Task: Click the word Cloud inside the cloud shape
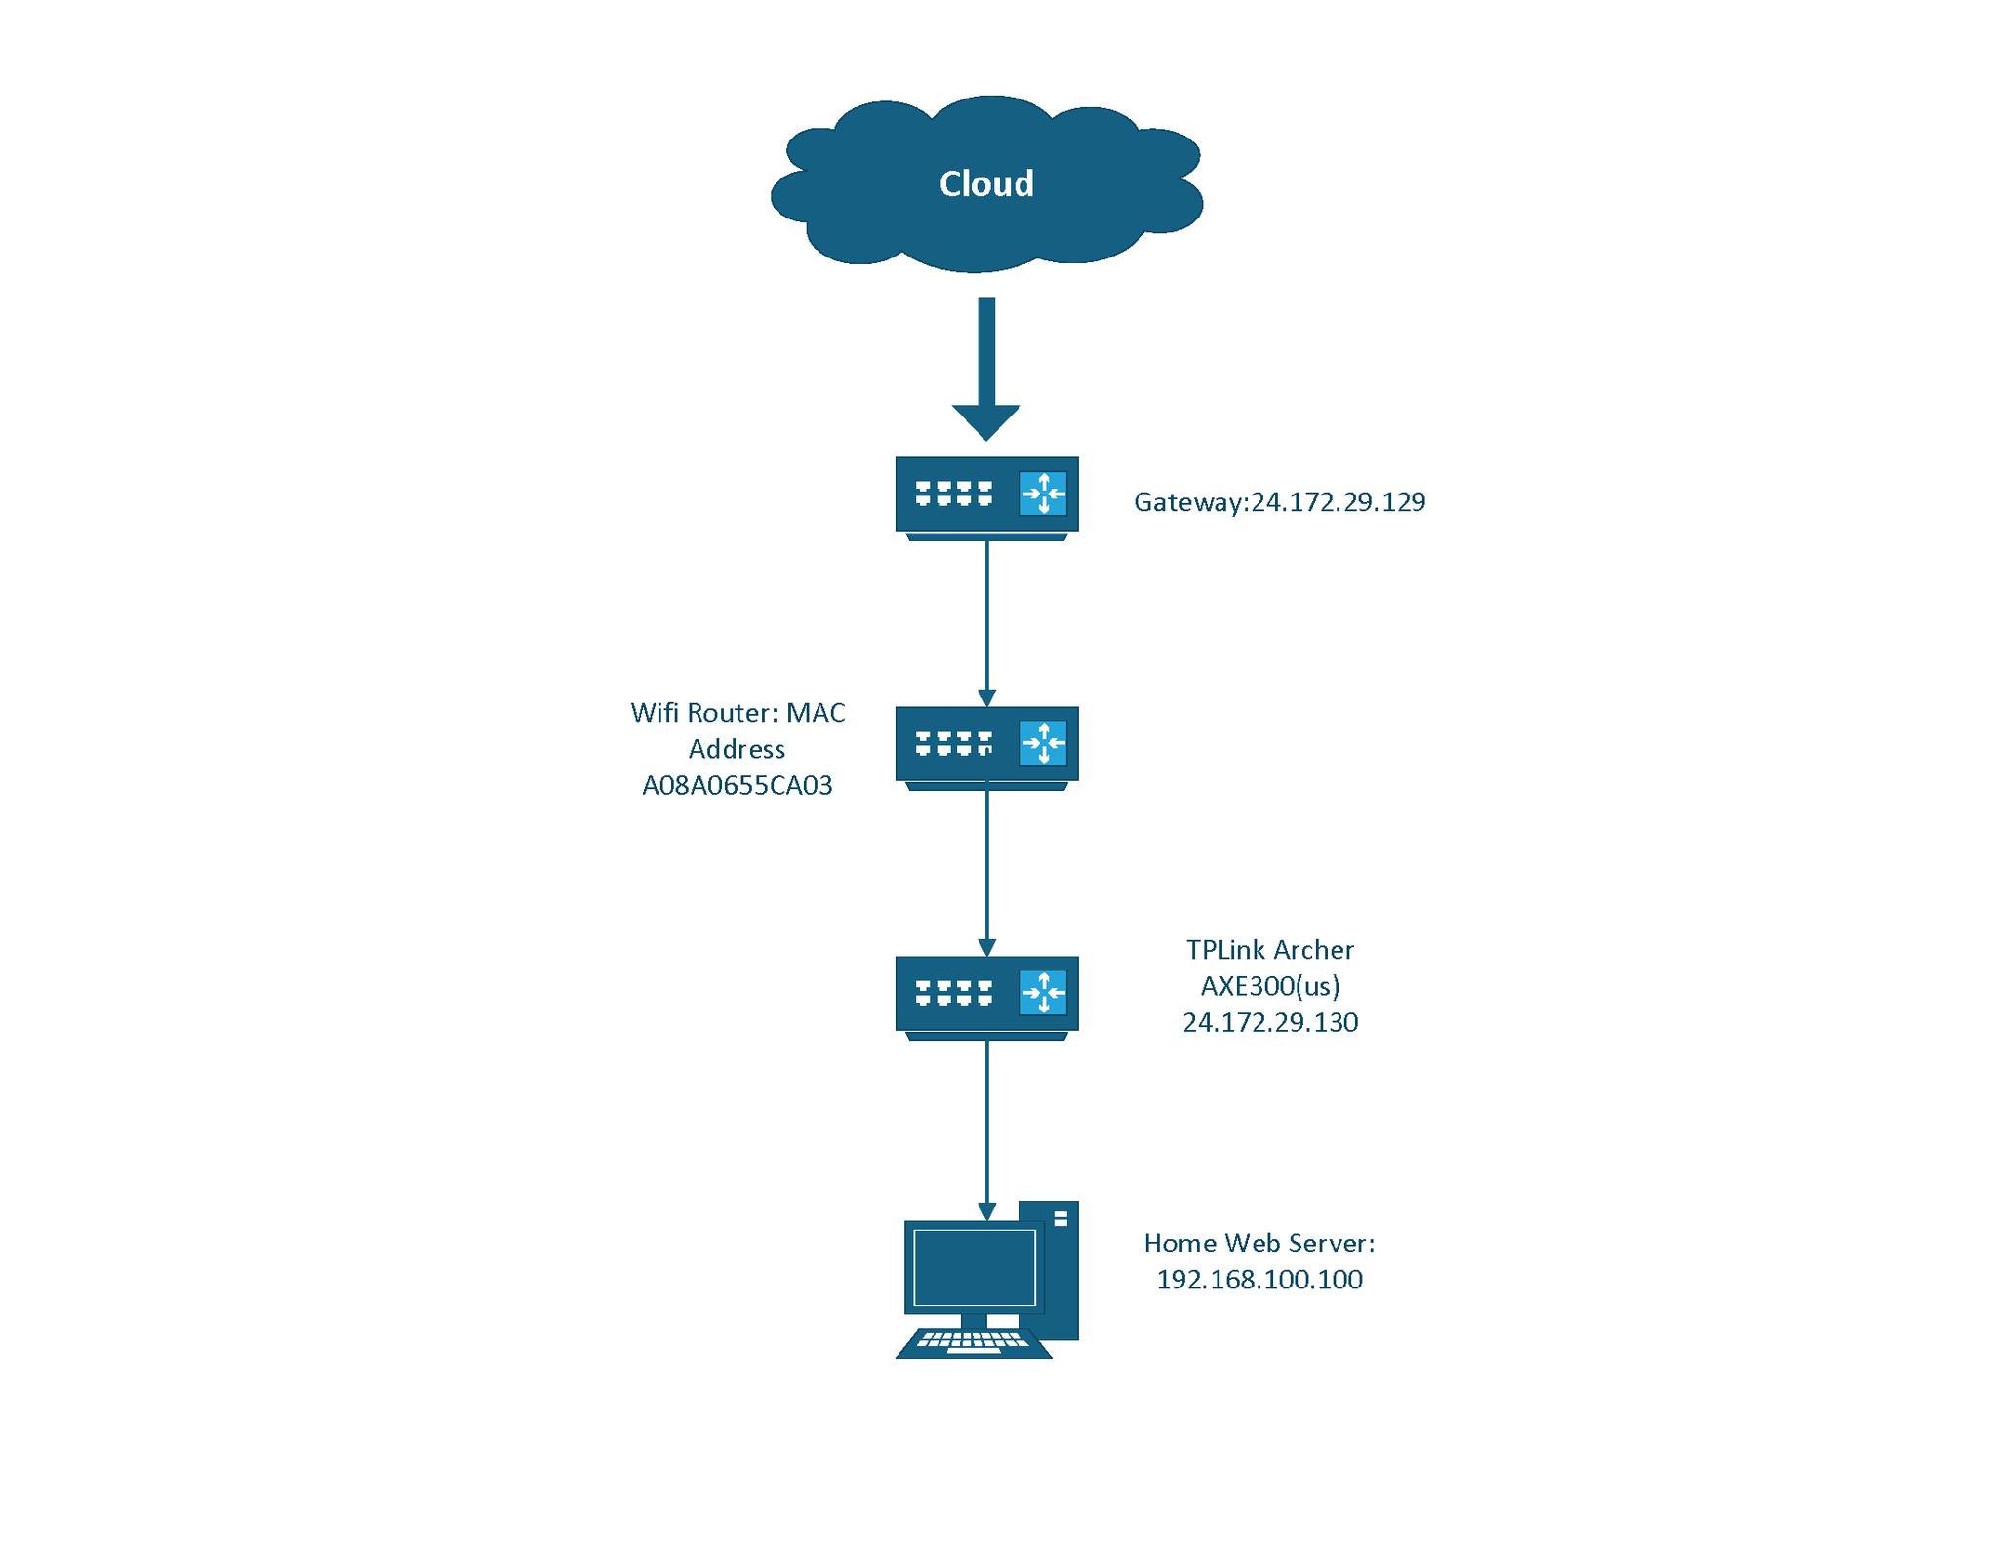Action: coord(985,183)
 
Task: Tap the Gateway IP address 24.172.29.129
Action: coord(1338,502)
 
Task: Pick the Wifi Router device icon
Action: coord(985,745)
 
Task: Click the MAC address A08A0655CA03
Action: coord(738,786)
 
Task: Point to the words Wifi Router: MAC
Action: coord(738,713)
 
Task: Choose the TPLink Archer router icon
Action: coord(985,995)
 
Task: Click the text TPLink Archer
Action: coord(1269,950)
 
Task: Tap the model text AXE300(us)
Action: coord(1269,986)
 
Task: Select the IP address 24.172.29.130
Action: coord(1269,1022)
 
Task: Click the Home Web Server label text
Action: coord(1259,1244)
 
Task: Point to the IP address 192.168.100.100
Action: coord(1259,1280)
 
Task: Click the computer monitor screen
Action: coord(973,1267)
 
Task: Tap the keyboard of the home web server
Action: coord(973,1342)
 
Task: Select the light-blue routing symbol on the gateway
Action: coord(1043,493)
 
